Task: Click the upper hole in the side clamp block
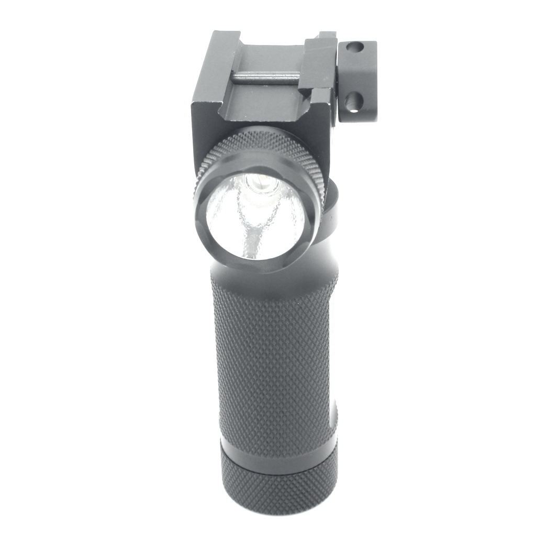point(355,48)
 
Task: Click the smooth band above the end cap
point(277,456)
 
